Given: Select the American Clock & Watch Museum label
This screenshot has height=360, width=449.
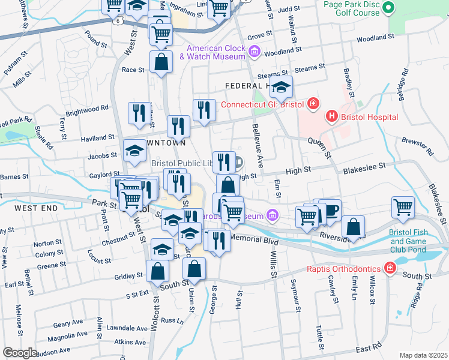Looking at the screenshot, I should pos(216,52).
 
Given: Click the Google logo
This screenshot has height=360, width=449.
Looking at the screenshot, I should pos(20,352).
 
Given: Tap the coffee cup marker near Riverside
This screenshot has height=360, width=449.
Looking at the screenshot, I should pos(330,210).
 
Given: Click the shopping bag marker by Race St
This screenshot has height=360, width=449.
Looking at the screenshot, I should pos(161,61).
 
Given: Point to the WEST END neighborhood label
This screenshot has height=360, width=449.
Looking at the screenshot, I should pos(36,208).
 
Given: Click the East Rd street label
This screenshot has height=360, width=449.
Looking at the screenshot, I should pos(368,348).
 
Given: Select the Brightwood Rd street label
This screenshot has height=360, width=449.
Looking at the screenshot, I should pos(88,110).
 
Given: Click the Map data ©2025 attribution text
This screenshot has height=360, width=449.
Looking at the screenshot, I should pos(423,355).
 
